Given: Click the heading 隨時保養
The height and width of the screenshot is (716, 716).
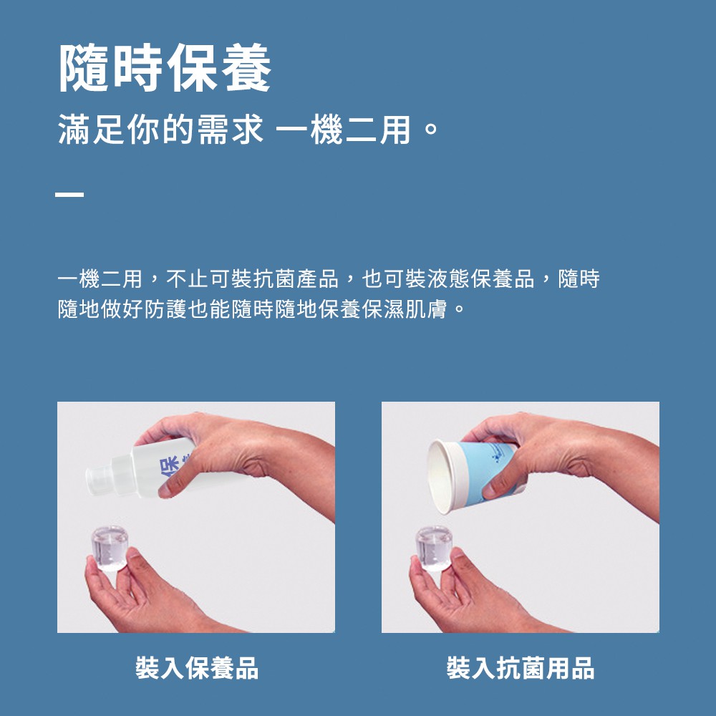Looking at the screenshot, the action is click(165, 67).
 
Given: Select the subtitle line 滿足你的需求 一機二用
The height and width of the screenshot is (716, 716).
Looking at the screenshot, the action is click(234, 130).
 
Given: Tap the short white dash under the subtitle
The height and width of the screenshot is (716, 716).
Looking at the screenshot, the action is click(69, 195).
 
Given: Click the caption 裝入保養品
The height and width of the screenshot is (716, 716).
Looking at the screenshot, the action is click(197, 668).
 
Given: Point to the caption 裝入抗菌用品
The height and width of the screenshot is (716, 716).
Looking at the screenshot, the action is click(520, 668).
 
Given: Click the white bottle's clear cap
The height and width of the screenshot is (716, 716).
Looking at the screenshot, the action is click(100, 480).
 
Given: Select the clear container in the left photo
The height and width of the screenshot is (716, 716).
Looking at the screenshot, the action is click(110, 548).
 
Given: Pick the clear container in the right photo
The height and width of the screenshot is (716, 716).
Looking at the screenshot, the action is click(434, 548).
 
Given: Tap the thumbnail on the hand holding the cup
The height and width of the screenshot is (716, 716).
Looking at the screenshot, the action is click(489, 491).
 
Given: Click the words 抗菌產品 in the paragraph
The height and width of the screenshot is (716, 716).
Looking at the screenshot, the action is click(296, 279).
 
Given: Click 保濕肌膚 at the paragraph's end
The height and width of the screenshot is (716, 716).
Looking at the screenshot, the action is click(404, 309).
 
